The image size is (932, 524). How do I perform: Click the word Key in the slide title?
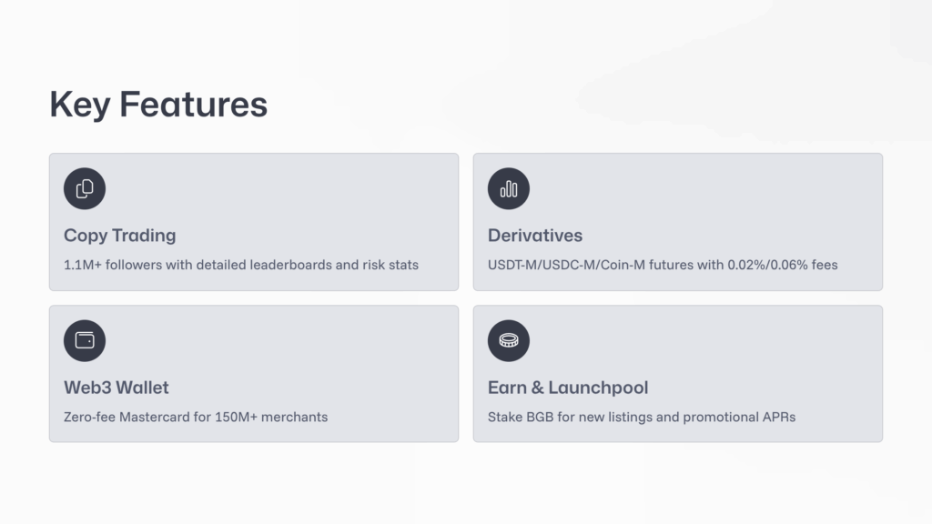[x=80, y=105]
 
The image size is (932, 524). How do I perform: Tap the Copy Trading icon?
[x=85, y=189]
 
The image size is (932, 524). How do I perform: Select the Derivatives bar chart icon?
[x=509, y=189]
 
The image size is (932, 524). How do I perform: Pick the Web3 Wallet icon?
[x=85, y=341]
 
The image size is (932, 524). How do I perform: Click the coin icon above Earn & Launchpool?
[x=509, y=341]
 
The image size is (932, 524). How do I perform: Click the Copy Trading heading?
[x=119, y=236]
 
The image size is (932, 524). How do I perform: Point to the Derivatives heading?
[x=535, y=236]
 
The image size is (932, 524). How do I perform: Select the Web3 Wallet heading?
[x=116, y=388]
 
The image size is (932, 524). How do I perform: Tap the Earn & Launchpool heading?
[x=568, y=388]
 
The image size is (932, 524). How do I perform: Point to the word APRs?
[x=779, y=417]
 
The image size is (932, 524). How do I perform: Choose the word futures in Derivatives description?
[x=680, y=265]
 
